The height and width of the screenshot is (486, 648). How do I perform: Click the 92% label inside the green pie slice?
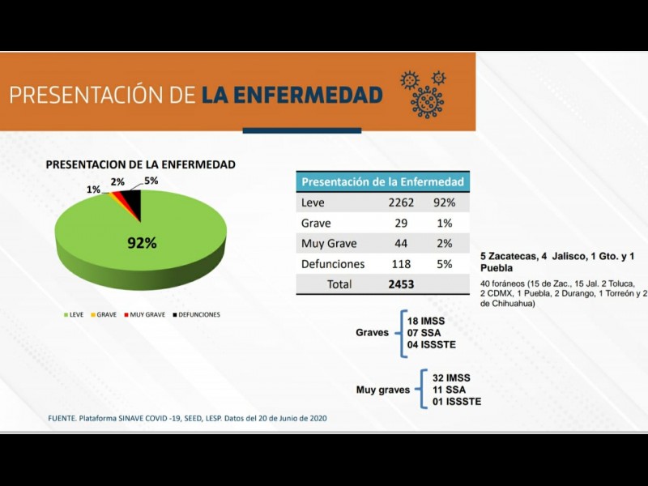(x=141, y=242)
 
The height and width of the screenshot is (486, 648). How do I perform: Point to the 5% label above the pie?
(x=151, y=180)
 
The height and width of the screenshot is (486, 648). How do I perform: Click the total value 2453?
(x=401, y=284)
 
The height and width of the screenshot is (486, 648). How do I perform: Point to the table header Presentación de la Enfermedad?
(x=382, y=182)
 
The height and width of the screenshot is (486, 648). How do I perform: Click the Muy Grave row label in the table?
(x=328, y=243)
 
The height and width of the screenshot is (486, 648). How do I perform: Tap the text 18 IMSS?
(x=426, y=322)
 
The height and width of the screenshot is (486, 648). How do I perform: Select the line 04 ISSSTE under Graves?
(x=432, y=344)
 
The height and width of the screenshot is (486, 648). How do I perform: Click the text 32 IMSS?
(x=451, y=378)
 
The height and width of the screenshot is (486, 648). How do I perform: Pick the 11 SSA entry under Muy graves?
(x=448, y=390)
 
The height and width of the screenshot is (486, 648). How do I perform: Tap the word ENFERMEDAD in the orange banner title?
(x=292, y=96)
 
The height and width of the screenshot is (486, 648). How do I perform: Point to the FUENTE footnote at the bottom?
(x=187, y=417)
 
